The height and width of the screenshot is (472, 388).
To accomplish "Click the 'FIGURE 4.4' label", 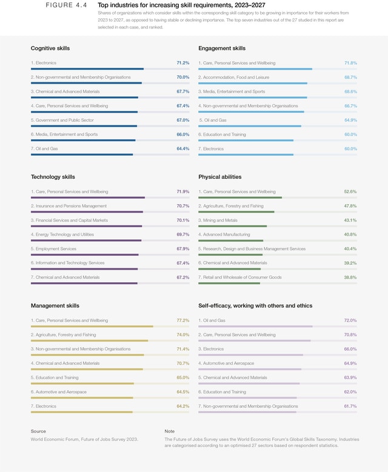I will (x=66, y=5).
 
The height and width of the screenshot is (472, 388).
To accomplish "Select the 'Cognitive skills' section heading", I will (x=50, y=48).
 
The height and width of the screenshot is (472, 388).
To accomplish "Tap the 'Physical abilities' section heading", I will (x=219, y=177).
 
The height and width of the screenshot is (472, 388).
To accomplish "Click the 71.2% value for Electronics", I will (x=182, y=63).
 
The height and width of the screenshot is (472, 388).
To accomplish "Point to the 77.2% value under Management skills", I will (x=182, y=321).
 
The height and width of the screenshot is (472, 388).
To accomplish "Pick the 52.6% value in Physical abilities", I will (x=350, y=191).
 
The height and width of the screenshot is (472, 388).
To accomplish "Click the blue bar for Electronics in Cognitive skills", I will (x=87, y=69).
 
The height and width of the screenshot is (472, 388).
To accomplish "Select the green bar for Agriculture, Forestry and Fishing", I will (x=236, y=212).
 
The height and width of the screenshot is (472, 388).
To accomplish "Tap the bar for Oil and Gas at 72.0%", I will (x=255, y=327).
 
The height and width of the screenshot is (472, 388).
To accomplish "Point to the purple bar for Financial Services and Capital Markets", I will (x=86, y=226).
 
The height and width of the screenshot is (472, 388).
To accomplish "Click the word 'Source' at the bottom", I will (x=38, y=431).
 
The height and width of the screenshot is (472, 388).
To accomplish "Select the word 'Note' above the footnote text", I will (x=169, y=431).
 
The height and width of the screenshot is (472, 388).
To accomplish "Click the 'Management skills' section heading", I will (x=55, y=306).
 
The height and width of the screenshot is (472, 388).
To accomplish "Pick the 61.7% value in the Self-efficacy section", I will (x=350, y=407).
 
